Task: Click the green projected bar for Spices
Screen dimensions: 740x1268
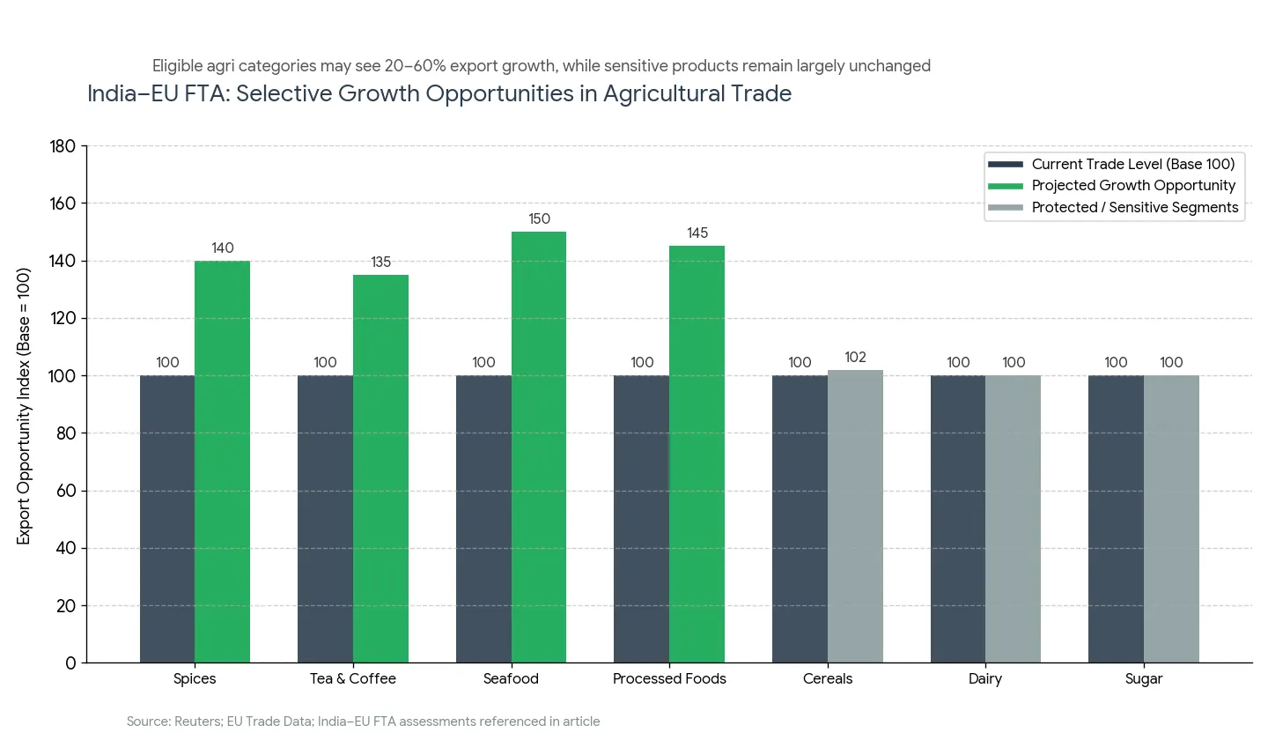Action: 222,462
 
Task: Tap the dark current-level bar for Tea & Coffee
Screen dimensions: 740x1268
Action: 325,519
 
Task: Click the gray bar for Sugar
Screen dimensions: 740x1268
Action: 1171,519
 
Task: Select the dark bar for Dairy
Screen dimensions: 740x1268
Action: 958,519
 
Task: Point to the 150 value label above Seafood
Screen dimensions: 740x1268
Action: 539,218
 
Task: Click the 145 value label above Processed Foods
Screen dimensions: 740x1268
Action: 697,233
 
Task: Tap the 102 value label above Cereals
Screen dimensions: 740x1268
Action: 855,357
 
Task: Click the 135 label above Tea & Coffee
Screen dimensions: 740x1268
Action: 380,263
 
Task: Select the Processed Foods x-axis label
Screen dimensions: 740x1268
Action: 669,679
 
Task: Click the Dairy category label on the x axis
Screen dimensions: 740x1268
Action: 985,679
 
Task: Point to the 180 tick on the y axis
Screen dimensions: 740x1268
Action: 63,146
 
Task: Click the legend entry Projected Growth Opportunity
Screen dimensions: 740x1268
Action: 1133,186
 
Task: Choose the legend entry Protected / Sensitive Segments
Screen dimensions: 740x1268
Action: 1134,208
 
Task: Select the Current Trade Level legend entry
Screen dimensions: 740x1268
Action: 1132,164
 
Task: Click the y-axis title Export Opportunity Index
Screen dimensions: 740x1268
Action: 24,405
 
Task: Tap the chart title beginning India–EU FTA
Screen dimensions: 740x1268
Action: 439,93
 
